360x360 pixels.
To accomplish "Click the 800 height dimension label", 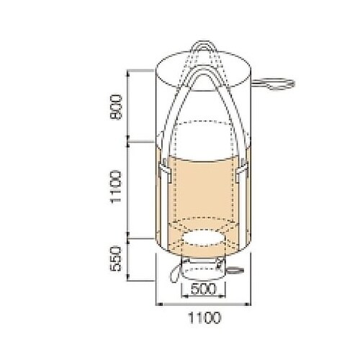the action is click(x=116, y=107).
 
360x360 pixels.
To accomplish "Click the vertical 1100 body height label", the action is click(x=116, y=186).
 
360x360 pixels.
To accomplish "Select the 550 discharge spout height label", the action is click(x=116, y=258).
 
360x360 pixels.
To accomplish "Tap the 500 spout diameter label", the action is click(x=203, y=289).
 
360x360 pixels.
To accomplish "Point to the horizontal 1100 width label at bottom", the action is click(x=204, y=318).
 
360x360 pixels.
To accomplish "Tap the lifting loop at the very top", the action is click(x=203, y=46).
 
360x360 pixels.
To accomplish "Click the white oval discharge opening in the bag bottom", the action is click(x=204, y=238).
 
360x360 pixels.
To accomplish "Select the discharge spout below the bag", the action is click(x=203, y=269).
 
